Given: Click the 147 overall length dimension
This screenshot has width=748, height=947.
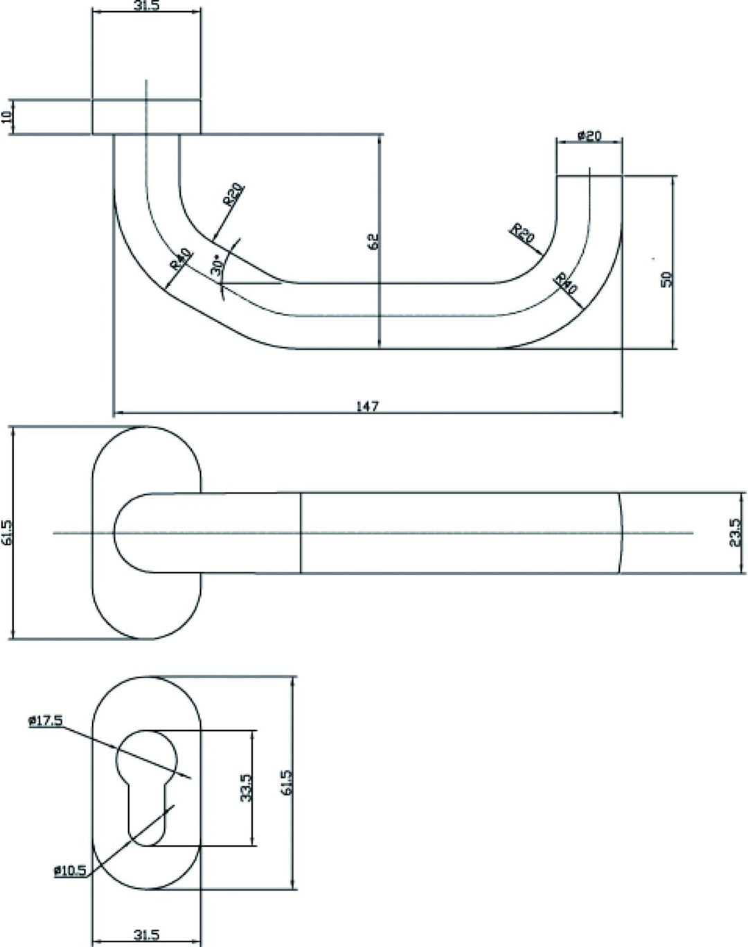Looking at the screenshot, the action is click(x=367, y=406).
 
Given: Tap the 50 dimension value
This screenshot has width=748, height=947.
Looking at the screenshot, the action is click(x=667, y=279).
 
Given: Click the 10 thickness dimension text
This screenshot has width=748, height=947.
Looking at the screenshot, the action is click(x=7, y=116).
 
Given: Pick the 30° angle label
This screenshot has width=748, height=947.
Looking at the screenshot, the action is click(x=217, y=265).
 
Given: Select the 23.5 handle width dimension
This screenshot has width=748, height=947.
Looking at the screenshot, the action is click(x=735, y=533).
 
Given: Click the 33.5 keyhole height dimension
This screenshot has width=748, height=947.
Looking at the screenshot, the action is click(x=247, y=788).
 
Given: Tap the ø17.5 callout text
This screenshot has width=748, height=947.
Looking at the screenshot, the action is click(x=46, y=720).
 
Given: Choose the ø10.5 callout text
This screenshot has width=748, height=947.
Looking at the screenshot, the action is click(x=71, y=870).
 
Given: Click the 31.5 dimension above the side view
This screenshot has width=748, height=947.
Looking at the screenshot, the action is click(x=147, y=6).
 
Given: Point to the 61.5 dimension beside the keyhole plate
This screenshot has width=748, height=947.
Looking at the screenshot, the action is click(x=287, y=782).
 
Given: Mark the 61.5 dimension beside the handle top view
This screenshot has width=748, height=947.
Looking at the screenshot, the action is click(x=8, y=533).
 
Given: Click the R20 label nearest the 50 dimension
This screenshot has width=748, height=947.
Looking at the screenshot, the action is click(x=522, y=233).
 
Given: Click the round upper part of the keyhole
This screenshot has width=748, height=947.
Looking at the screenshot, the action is click(x=147, y=759).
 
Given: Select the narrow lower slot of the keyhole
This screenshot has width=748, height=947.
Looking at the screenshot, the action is click(x=148, y=814).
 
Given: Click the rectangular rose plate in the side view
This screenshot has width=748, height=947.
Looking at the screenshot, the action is click(x=146, y=116).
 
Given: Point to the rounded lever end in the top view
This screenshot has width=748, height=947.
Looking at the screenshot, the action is click(x=132, y=533).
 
